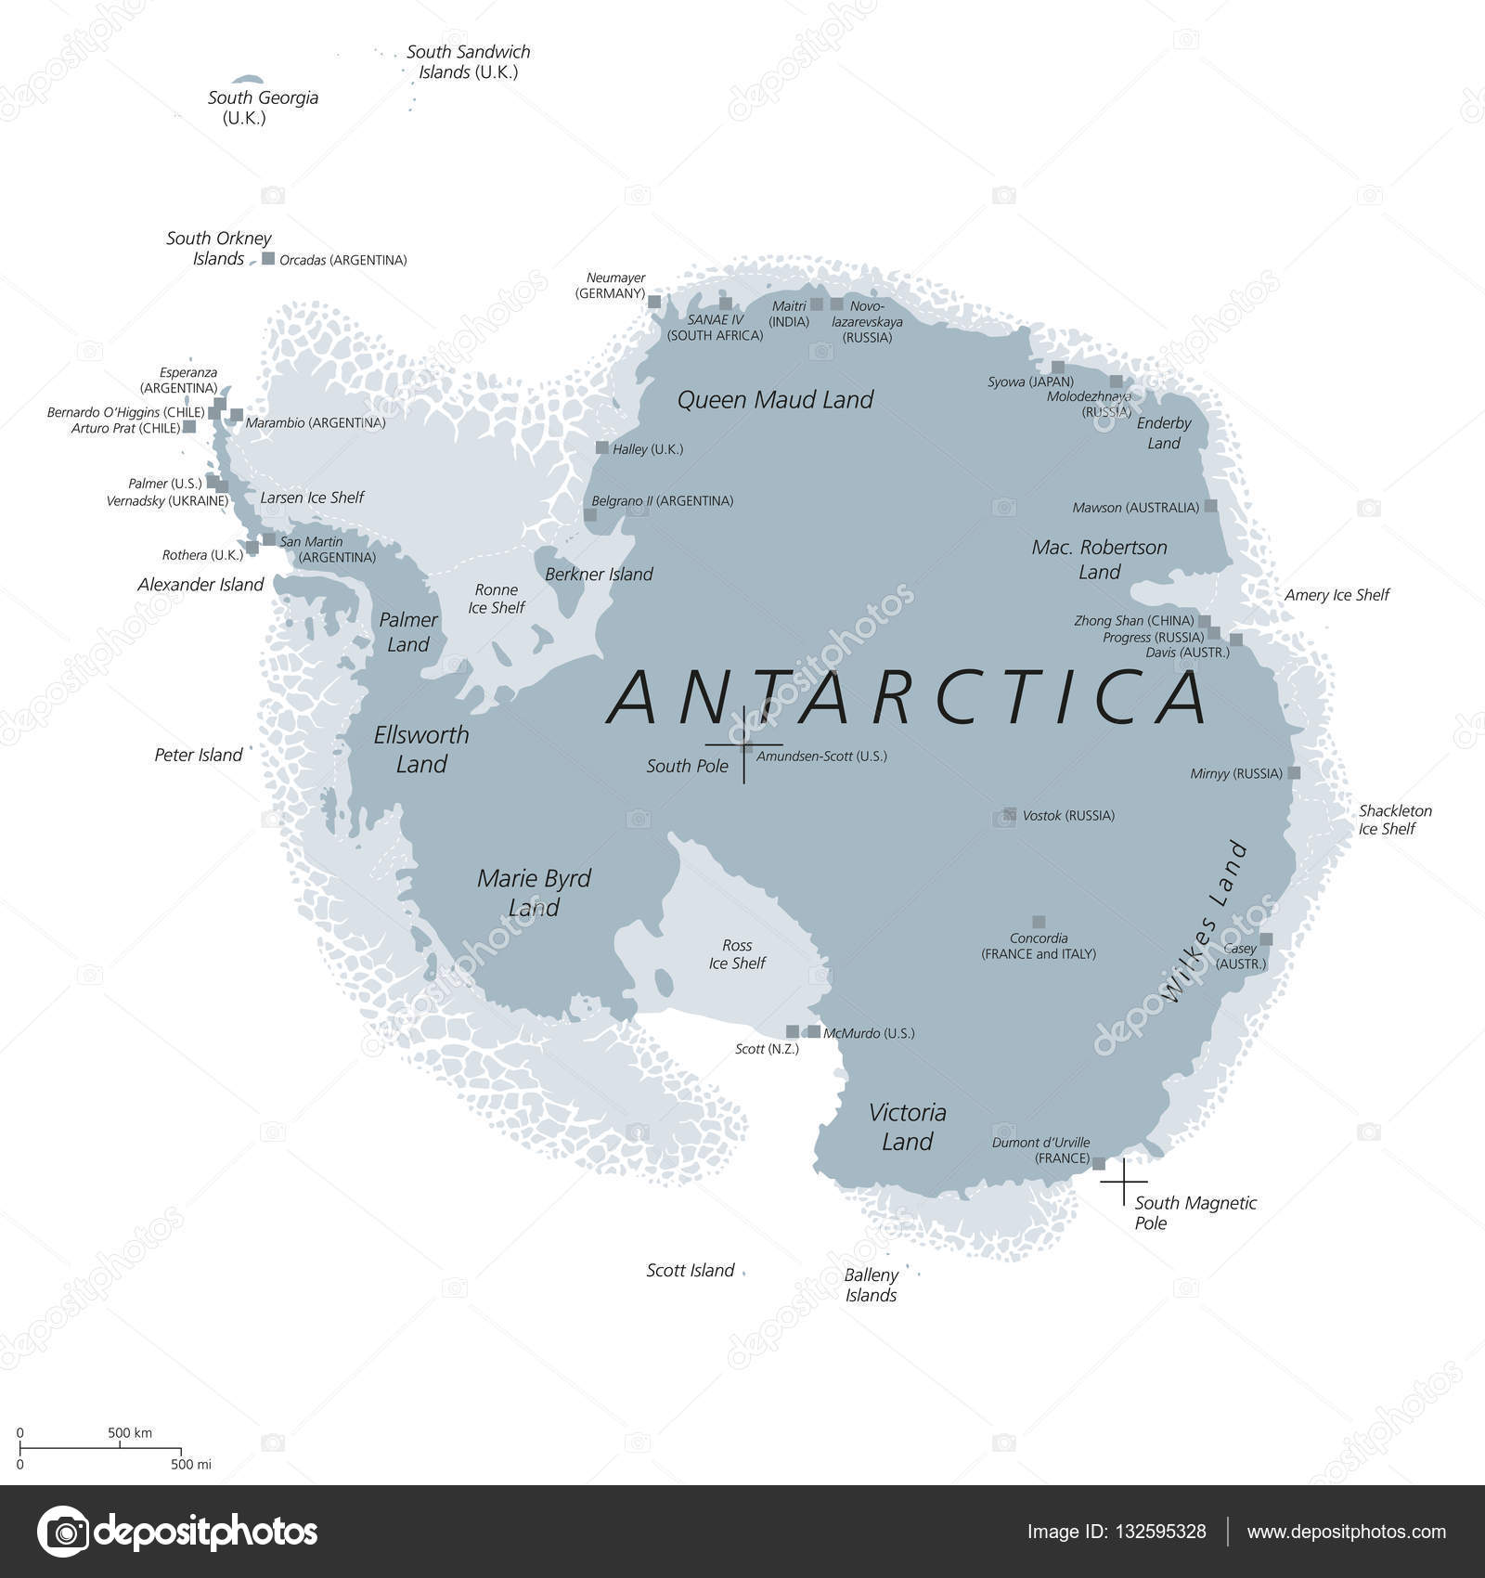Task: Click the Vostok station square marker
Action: point(1009,814)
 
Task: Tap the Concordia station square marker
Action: point(1039,922)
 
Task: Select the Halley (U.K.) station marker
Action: point(602,447)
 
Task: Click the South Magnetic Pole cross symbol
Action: point(1124,1181)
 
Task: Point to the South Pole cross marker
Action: point(743,744)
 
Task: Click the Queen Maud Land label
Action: point(775,400)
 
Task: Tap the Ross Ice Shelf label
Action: point(737,954)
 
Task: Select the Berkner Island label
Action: point(599,575)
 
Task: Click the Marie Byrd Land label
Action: point(534,892)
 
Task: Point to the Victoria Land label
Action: point(907,1127)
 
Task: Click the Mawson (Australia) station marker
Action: point(1210,507)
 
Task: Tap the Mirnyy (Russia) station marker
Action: point(1294,772)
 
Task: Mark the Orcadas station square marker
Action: point(268,259)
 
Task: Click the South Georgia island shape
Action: point(247,81)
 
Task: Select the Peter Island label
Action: point(198,756)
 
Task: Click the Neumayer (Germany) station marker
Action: point(654,302)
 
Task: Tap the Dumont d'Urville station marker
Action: point(1099,1163)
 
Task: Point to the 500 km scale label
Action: point(130,1432)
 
